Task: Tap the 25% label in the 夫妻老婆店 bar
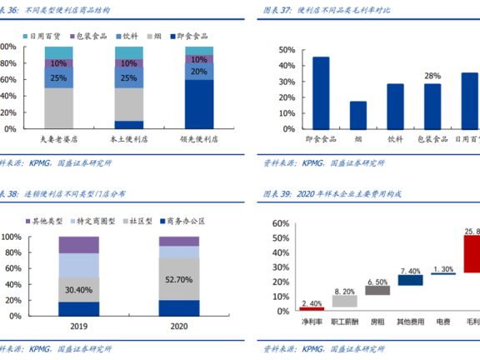(x=59, y=77)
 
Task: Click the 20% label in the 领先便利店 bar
(x=198, y=72)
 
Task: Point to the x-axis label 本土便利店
(x=128, y=141)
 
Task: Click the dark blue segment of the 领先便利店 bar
(x=198, y=104)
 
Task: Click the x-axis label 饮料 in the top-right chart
(x=395, y=141)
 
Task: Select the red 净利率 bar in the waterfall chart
(x=312, y=308)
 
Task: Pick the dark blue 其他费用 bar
(x=410, y=280)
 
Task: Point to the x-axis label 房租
(x=377, y=321)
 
